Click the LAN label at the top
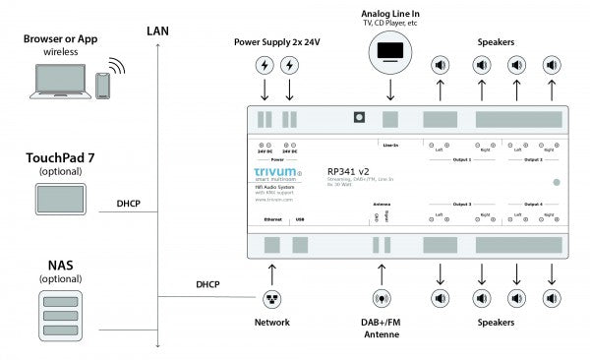(x=157, y=30)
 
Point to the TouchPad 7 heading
(x=60, y=156)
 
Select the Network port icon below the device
(x=272, y=298)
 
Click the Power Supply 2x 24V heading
(x=276, y=42)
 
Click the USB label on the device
(x=298, y=220)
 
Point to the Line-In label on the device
(x=390, y=146)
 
